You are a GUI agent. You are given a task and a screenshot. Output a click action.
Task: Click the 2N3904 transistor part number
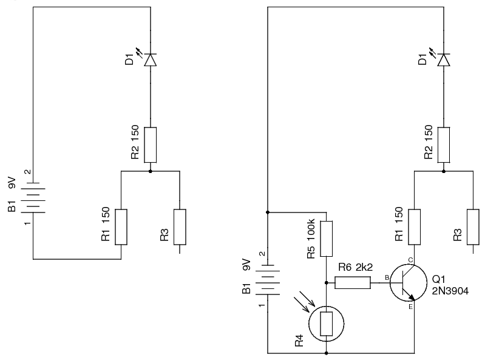(450, 291)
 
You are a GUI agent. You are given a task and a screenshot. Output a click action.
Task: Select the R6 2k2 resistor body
(353, 283)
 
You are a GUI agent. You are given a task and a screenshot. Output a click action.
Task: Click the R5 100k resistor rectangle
(326, 239)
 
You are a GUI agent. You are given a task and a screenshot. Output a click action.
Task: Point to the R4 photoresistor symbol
(326, 324)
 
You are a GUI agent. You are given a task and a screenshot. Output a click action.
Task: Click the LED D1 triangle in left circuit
(151, 60)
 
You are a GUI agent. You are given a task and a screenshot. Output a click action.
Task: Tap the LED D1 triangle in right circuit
(444, 60)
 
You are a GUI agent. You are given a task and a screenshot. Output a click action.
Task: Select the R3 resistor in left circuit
(180, 227)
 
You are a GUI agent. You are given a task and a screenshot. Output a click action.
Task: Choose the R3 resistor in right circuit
(473, 227)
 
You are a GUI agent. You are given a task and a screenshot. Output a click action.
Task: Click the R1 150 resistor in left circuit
(121, 227)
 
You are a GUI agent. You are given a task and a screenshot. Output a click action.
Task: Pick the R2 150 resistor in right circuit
(444, 144)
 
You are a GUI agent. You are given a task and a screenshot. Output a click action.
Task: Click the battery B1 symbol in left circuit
(33, 198)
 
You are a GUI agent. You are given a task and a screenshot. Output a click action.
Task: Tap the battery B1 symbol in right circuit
(268, 280)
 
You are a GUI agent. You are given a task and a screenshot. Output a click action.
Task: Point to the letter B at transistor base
(387, 277)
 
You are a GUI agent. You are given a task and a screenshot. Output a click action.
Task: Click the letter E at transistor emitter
(410, 307)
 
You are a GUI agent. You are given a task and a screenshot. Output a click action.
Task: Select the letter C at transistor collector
(410, 260)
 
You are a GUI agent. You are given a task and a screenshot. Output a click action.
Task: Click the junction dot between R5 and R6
(326, 283)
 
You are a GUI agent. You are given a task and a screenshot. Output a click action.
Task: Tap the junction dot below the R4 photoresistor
(326, 353)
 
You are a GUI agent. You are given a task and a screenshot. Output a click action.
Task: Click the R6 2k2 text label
(355, 267)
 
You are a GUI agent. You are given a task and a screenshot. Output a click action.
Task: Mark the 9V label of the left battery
(12, 182)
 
